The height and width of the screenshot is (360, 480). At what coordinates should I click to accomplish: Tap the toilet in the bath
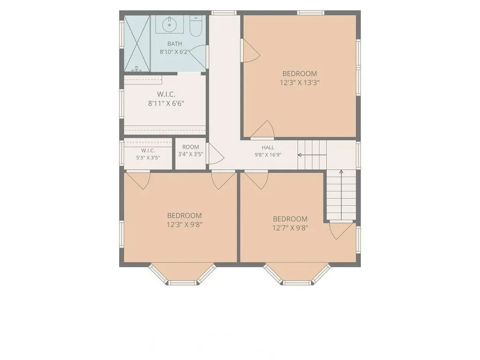point(196,25)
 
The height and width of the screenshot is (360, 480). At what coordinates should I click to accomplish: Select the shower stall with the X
point(137,43)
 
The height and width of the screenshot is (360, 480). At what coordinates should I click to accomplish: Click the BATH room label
point(174,44)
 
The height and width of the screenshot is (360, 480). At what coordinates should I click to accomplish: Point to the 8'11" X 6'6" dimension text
point(166,104)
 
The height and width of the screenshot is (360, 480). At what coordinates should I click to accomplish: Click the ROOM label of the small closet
point(190,147)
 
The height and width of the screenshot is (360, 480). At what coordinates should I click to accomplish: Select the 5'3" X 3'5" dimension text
point(148,158)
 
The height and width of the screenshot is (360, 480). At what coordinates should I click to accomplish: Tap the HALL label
point(268,148)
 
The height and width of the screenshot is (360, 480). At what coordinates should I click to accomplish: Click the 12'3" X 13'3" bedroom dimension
point(300,82)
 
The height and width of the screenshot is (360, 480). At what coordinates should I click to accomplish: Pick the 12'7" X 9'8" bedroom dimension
point(290,228)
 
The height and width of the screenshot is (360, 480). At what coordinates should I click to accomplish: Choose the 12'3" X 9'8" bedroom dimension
point(184,225)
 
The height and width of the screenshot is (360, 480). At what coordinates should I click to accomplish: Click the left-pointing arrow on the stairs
point(312,155)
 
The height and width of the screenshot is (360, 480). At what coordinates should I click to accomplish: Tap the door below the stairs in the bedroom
point(341,230)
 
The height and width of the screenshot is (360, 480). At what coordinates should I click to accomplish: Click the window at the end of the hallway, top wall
point(224,13)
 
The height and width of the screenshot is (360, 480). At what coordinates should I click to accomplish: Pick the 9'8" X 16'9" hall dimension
point(268,155)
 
